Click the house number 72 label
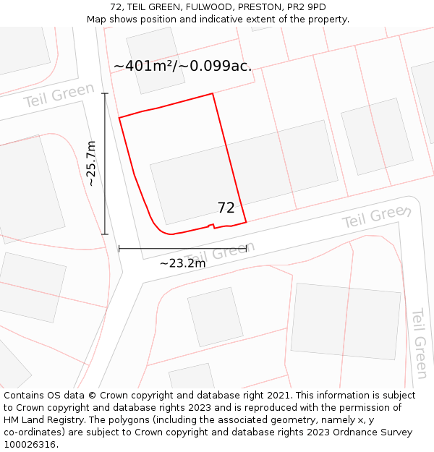(x=226, y=208)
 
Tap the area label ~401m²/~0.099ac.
(x=182, y=66)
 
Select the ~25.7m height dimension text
(x=91, y=164)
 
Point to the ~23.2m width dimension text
(x=182, y=263)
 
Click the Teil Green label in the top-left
(x=59, y=95)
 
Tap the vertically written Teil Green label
(x=420, y=343)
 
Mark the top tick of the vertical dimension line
(x=105, y=93)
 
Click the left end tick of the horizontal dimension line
(x=119, y=248)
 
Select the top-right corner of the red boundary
(x=213, y=94)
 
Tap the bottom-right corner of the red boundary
(x=246, y=221)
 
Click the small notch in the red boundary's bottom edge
(x=211, y=226)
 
